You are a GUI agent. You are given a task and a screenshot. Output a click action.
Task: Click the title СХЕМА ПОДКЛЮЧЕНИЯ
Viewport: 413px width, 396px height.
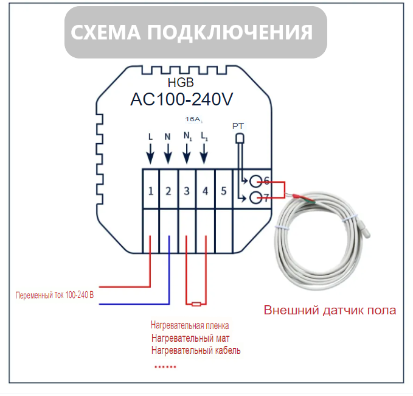coord(192,32)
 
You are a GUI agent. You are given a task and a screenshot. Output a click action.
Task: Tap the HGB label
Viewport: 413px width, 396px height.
coord(180,83)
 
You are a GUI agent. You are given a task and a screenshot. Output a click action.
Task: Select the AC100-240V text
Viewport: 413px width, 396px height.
coord(182,99)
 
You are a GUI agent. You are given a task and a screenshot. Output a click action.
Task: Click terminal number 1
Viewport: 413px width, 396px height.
coord(150,191)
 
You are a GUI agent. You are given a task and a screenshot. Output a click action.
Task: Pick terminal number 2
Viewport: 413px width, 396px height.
coord(168,191)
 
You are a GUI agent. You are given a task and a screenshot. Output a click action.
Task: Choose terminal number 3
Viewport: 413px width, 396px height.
coord(187,191)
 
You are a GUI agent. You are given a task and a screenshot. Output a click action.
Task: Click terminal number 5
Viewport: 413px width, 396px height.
coord(223,191)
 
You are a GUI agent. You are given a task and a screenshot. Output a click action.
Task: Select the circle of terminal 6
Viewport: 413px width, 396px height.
coord(257,181)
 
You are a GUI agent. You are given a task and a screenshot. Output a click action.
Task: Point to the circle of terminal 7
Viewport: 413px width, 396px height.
coord(257,198)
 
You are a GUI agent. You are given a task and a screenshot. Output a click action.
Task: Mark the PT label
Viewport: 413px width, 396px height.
coord(238,126)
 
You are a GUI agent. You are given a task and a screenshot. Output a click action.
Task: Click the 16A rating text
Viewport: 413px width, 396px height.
coord(194,120)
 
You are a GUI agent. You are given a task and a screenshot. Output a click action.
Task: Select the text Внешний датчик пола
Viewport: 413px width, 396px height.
coord(330,310)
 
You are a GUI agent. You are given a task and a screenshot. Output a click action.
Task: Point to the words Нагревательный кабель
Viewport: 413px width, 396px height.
coord(196,350)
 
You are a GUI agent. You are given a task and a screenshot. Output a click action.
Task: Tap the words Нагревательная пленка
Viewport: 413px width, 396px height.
coord(190,326)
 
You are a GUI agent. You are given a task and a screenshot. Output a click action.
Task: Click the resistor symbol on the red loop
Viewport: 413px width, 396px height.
coord(196,304)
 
